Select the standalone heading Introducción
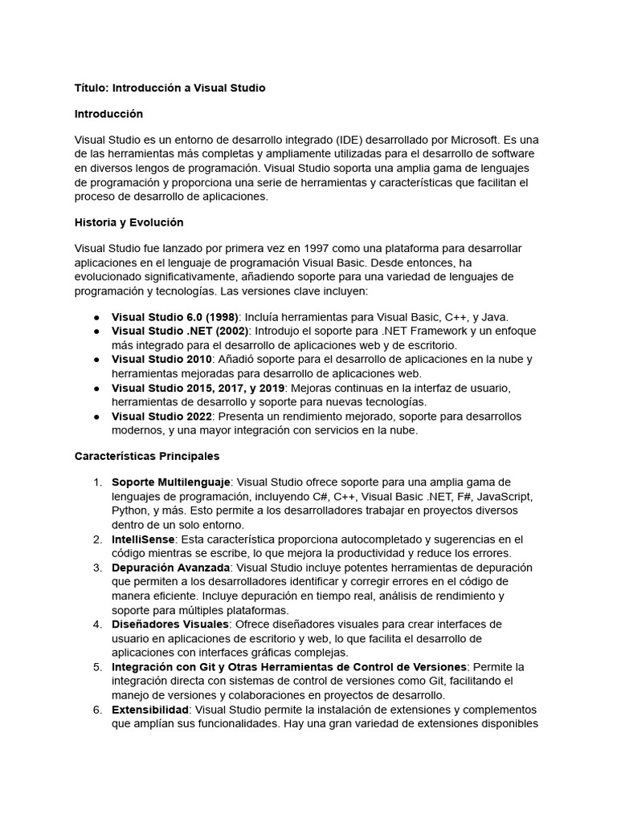108,114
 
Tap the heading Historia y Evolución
129,222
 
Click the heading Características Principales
147,456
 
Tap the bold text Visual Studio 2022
161,417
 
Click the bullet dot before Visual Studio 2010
96,359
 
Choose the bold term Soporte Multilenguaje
171,482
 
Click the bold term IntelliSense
143,539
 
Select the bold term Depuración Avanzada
166,568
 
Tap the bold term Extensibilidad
150,710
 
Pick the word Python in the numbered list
129,511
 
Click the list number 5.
97,667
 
